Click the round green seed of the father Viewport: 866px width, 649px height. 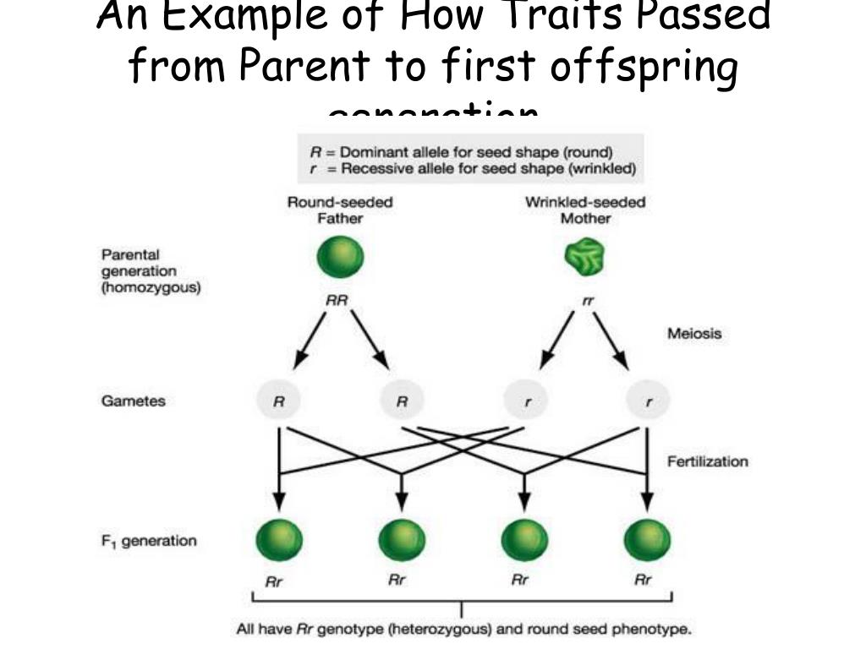[x=340, y=257]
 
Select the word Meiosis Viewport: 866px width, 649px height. [x=694, y=333]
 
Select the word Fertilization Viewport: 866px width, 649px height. [x=707, y=461]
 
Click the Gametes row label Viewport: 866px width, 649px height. [x=134, y=401]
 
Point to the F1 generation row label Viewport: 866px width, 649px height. [x=149, y=541]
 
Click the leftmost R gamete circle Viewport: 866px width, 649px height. [x=278, y=402]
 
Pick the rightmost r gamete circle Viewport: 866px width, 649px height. [x=649, y=402]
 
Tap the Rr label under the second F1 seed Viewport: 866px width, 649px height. [x=397, y=581]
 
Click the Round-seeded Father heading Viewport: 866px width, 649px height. [x=340, y=210]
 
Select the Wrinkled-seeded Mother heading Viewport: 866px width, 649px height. [x=585, y=210]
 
